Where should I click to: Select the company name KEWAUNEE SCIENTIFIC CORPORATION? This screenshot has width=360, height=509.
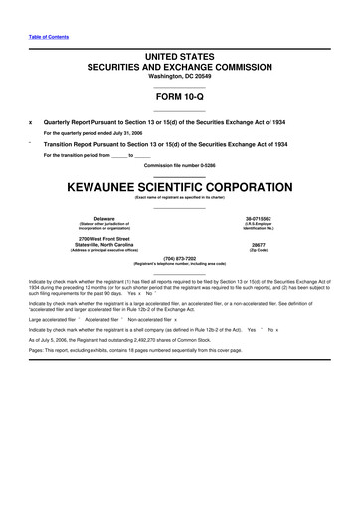click(179, 185)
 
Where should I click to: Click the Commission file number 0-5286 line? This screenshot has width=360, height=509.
click(179, 163)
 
